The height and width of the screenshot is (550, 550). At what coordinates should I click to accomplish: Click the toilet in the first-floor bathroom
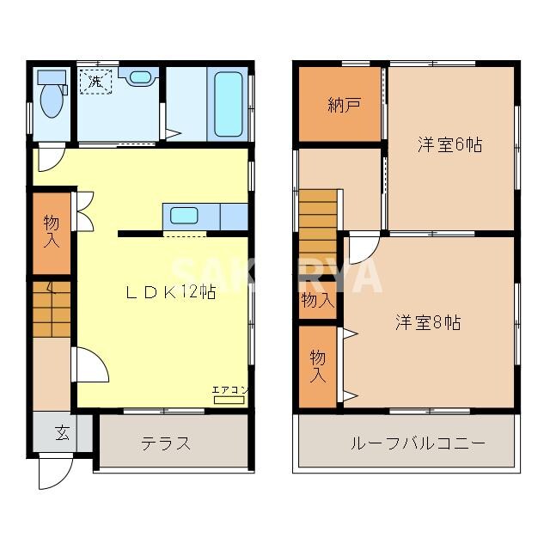(x=52, y=97)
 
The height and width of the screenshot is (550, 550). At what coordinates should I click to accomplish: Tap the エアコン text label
(x=230, y=390)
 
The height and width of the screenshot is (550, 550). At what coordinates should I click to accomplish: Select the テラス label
(x=166, y=443)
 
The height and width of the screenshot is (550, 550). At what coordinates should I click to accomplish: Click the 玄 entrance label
(x=63, y=432)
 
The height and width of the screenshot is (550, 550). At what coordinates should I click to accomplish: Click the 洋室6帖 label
(x=449, y=144)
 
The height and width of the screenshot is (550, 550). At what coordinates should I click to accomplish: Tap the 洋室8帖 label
(x=428, y=322)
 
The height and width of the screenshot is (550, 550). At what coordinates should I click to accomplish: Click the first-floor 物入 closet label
(x=52, y=232)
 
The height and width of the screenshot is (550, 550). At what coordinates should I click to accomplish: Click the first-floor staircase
(x=52, y=309)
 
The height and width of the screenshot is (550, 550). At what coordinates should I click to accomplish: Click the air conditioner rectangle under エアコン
(x=229, y=401)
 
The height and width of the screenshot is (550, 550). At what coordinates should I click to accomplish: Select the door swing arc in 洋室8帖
(x=362, y=248)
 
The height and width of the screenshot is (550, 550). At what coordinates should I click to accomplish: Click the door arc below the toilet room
(x=51, y=159)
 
